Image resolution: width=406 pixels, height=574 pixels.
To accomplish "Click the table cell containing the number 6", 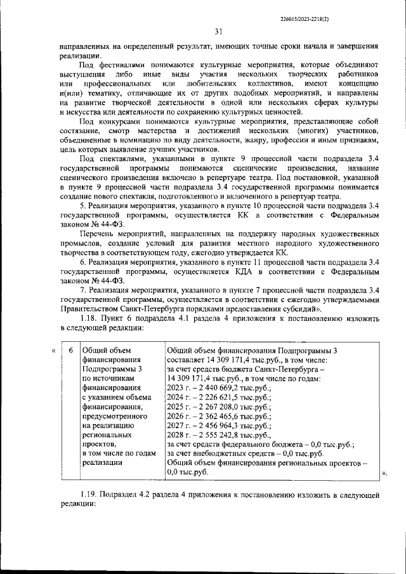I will [x=70, y=351].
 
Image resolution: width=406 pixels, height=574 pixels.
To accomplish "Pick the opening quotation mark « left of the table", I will [x=53, y=351].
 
